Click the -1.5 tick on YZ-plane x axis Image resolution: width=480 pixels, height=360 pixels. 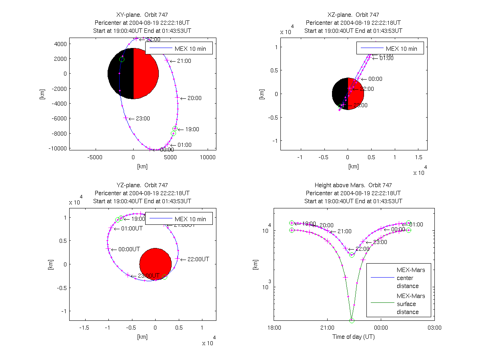click(x=84, y=327)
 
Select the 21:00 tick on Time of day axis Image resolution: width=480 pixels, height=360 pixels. click(x=327, y=328)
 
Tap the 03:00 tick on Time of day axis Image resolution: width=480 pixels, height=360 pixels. click(x=434, y=328)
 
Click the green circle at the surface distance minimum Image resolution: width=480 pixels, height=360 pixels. click(x=352, y=320)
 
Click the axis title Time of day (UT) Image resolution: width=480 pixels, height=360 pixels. click(x=354, y=337)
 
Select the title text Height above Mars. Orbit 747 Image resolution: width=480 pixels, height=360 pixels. click(x=354, y=185)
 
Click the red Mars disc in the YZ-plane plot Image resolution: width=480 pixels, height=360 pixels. click(x=156, y=264)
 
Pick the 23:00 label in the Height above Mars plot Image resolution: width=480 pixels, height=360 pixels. click(x=380, y=242)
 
